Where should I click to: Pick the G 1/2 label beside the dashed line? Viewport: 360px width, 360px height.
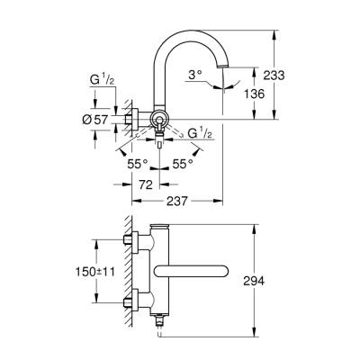[x=200, y=133]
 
